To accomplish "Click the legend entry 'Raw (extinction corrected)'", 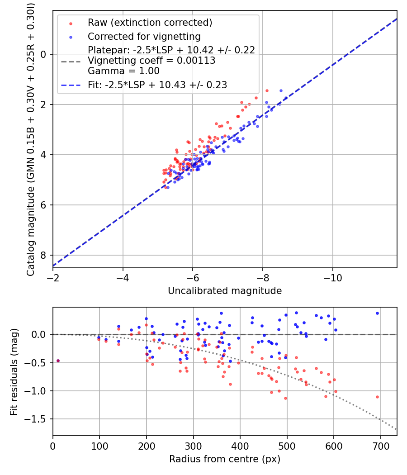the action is [150, 23].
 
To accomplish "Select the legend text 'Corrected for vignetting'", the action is [144, 36].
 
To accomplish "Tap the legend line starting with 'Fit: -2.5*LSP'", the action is [157, 85].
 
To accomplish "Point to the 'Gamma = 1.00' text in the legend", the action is [123, 71].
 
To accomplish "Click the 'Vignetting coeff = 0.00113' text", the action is [151, 61].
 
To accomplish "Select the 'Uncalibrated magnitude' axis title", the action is [225, 291].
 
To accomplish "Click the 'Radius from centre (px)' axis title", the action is [225, 459].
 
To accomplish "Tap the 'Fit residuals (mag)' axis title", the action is [14, 371].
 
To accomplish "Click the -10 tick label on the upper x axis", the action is [333, 278].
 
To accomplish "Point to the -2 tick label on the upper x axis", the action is [53, 278].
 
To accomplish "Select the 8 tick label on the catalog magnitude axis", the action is [43, 256].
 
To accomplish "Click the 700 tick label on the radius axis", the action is [380, 446].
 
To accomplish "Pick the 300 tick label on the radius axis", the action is [193, 446].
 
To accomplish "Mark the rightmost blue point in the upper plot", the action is [285, 98].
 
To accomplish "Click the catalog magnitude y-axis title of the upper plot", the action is [31, 140].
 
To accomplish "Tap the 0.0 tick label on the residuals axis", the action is [39, 334].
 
